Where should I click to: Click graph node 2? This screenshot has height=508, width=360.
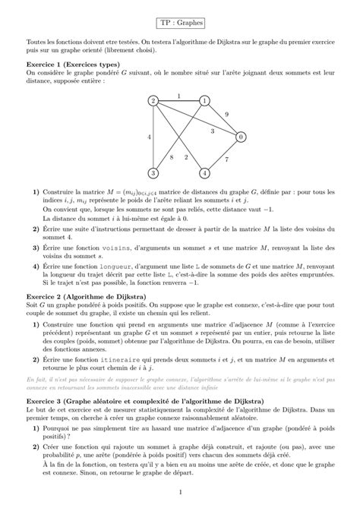[153, 101]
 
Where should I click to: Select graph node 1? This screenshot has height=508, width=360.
[204, 101]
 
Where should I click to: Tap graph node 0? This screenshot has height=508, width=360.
[240, 137]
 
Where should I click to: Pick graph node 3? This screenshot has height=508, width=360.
[153, 172]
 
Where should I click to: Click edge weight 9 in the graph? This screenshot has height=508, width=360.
[226, 114]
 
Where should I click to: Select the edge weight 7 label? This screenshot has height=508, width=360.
[226, 159]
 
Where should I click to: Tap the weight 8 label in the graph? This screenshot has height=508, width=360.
[172, 157]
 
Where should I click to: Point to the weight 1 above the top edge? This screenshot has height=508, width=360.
[178, 95]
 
